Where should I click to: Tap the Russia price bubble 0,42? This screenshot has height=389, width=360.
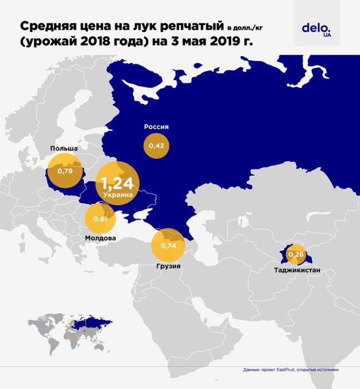(156, 146)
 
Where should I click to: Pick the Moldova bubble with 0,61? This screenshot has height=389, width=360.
(100, 218)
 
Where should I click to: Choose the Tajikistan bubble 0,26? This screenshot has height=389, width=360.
(296, 255)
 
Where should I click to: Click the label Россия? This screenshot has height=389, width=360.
(156, 127)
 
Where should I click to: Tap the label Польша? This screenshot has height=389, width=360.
(63, 148)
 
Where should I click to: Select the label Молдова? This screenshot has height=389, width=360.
(101, 238)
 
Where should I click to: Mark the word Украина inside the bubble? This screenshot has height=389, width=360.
(118, 195)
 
